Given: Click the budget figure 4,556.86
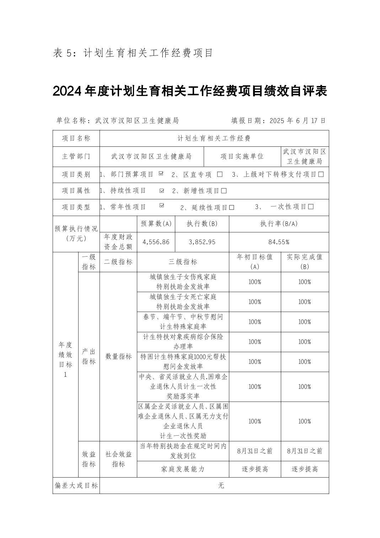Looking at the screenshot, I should pyautogui.click(x=156, y=242).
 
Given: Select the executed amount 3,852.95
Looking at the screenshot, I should pyautogui.click(x=202, y=242).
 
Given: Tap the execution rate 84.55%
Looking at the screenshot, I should pyautogui.click(x=279, y=242).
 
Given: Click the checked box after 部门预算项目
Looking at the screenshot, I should pyautogui.click(x=161, y=174).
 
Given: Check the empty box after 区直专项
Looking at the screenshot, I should pyautogui.click(x=220, y=174).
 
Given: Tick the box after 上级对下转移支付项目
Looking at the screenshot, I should pyautogui.click(x=321, y=174).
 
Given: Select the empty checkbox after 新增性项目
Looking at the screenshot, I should pyautogui.click(x=224, y=191).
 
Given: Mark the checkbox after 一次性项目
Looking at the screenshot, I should pyautogui.click(x=311, y=207).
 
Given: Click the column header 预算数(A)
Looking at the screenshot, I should pyautogui.click(x=156, y=224).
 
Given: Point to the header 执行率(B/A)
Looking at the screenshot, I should pyautogui.click(x=279, y=224).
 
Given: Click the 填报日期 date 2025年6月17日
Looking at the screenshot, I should pyautogui.click(x=298, y=121).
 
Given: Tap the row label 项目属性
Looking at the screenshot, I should pyautogui.click(x=76, y=191).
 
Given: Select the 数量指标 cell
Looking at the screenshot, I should pyautogui.click(x=118, y=356).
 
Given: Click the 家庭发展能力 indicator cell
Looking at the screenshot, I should pyautogui.click(x=183, y=469).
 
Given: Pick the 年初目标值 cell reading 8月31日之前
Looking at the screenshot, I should pyautogui.click(x=255, y=451).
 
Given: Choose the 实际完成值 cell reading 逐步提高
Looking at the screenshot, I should pyautogui.click(x=305, y=469).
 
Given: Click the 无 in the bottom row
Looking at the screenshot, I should pyautogui.click(x=221, y=485).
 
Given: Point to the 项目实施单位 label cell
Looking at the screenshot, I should pyautogui.click(x=242, y=156).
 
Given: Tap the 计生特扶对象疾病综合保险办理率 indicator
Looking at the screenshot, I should pyautogui.click(x=183, y=341).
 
